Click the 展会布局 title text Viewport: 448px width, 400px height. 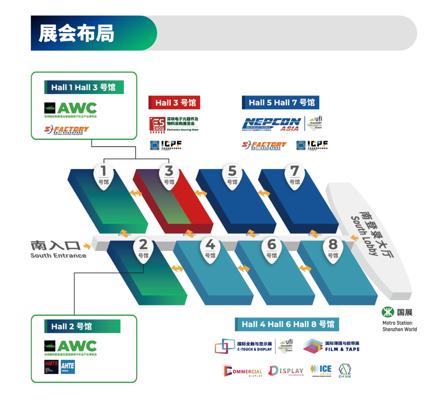point(76,34)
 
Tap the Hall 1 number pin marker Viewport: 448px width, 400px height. point(104,176)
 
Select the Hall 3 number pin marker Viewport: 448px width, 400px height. point(169,176)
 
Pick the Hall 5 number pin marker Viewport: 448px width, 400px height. point(232,176)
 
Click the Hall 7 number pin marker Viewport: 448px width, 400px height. point(295,176)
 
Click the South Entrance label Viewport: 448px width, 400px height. point(58,249)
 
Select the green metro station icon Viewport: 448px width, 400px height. point(388,312)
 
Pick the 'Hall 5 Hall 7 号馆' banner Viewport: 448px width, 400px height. point(281,102)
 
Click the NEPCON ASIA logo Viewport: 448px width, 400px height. point(272,124)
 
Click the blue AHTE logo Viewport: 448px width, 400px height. point(68,366)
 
